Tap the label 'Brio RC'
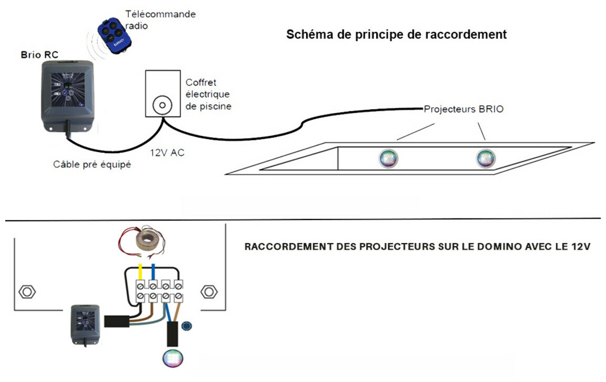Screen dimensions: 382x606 [38, 54]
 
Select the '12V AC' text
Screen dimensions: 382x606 [167, 153]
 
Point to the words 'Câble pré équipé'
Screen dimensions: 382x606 [92, 165]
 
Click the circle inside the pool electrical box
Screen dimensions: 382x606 [162, 106]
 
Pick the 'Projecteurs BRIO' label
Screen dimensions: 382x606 [464, 110]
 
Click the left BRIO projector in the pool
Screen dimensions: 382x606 [388, 158]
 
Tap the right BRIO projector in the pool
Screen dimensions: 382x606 [485, 158]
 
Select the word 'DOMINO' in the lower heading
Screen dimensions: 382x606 [498, 247]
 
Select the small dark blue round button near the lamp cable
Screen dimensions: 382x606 [186, 327]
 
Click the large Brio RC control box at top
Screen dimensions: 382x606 [64, 93]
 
